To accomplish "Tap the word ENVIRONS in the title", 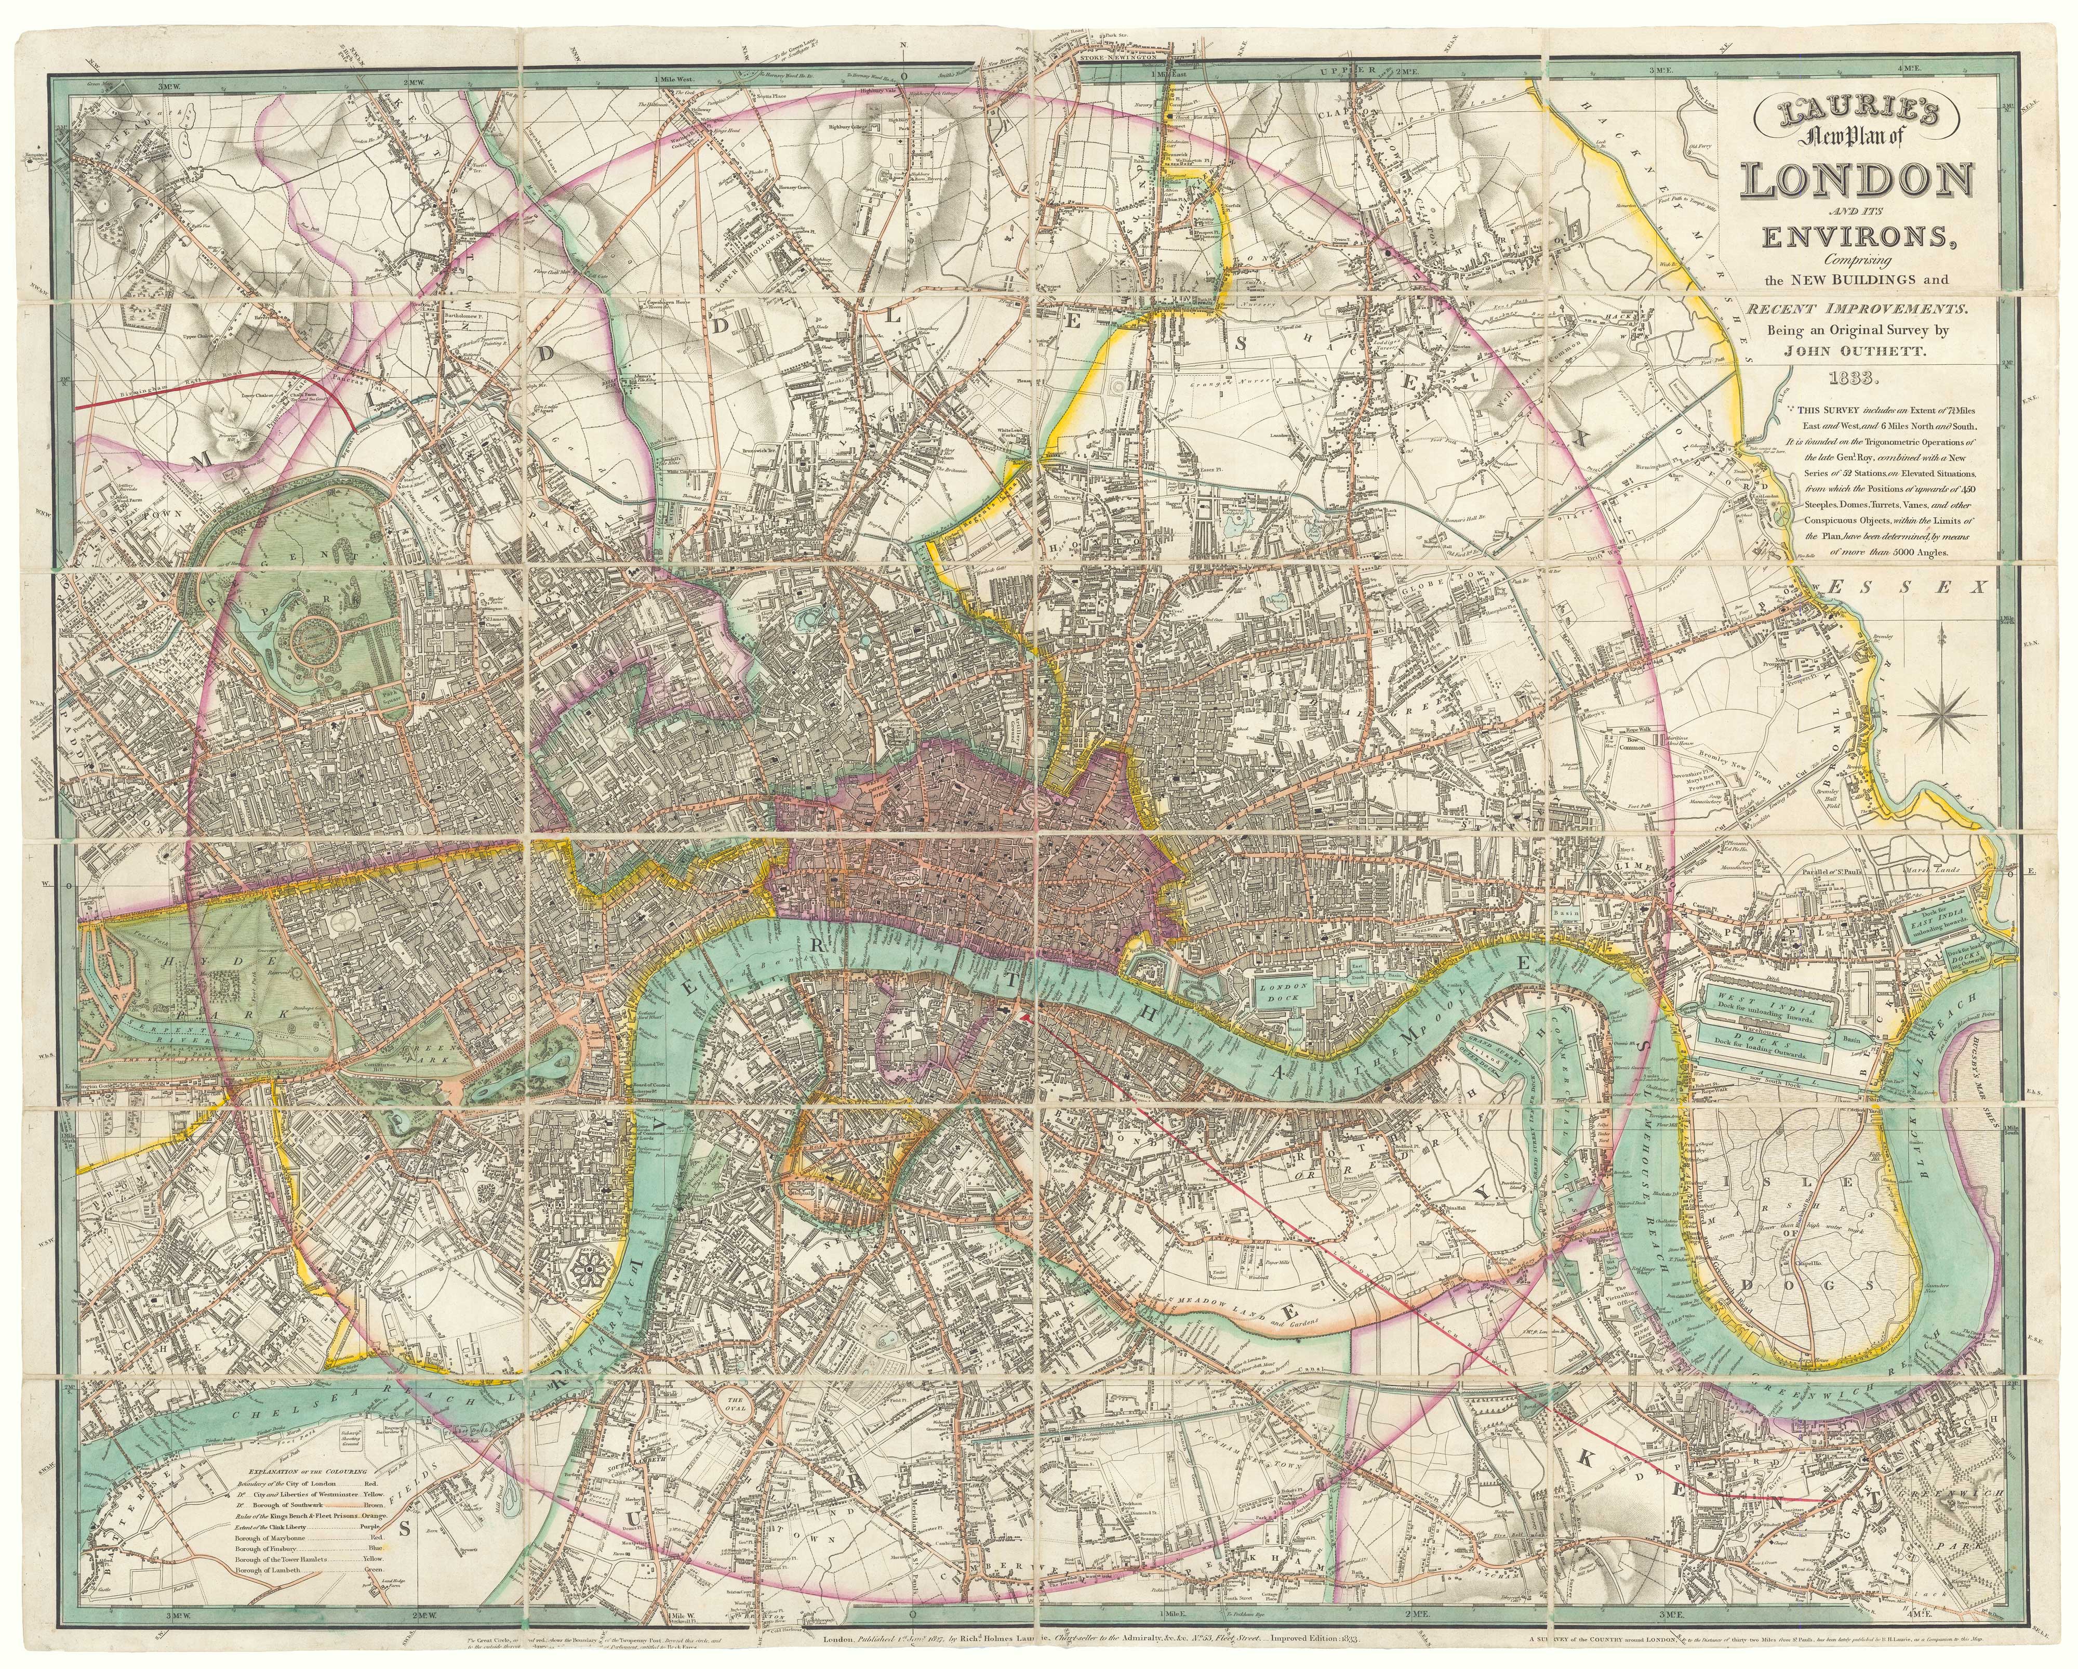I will coord(1887,236).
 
